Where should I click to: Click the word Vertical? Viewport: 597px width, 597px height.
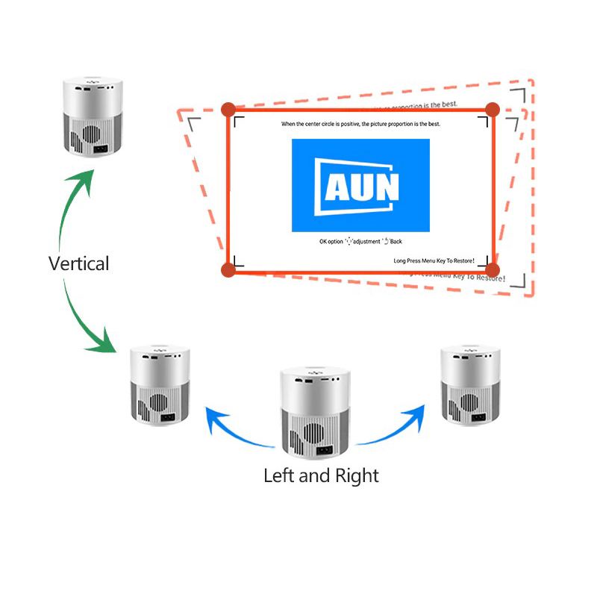[x=78, y=263]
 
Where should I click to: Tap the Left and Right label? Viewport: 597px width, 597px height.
[x=321, y=475]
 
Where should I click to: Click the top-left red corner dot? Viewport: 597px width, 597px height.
[x=228, y=110]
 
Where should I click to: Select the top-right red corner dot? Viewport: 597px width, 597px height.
[x=492, y=110]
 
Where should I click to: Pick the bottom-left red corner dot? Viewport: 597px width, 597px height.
[x=228, y=269]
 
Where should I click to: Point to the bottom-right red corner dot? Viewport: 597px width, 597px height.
[x=492, y=269]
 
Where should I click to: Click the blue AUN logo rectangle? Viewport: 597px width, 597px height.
[x=360, y=185]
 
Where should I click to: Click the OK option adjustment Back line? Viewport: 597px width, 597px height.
[x=360, y=242]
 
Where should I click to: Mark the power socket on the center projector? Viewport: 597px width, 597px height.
[x=325, y=450]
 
